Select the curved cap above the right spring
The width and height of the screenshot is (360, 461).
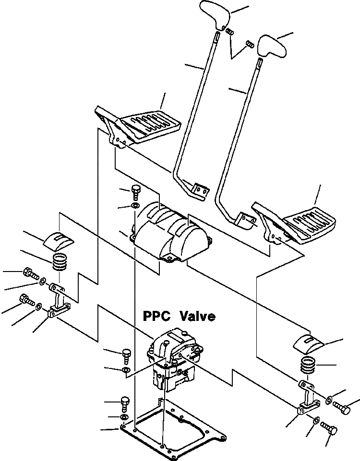click(308, 342)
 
